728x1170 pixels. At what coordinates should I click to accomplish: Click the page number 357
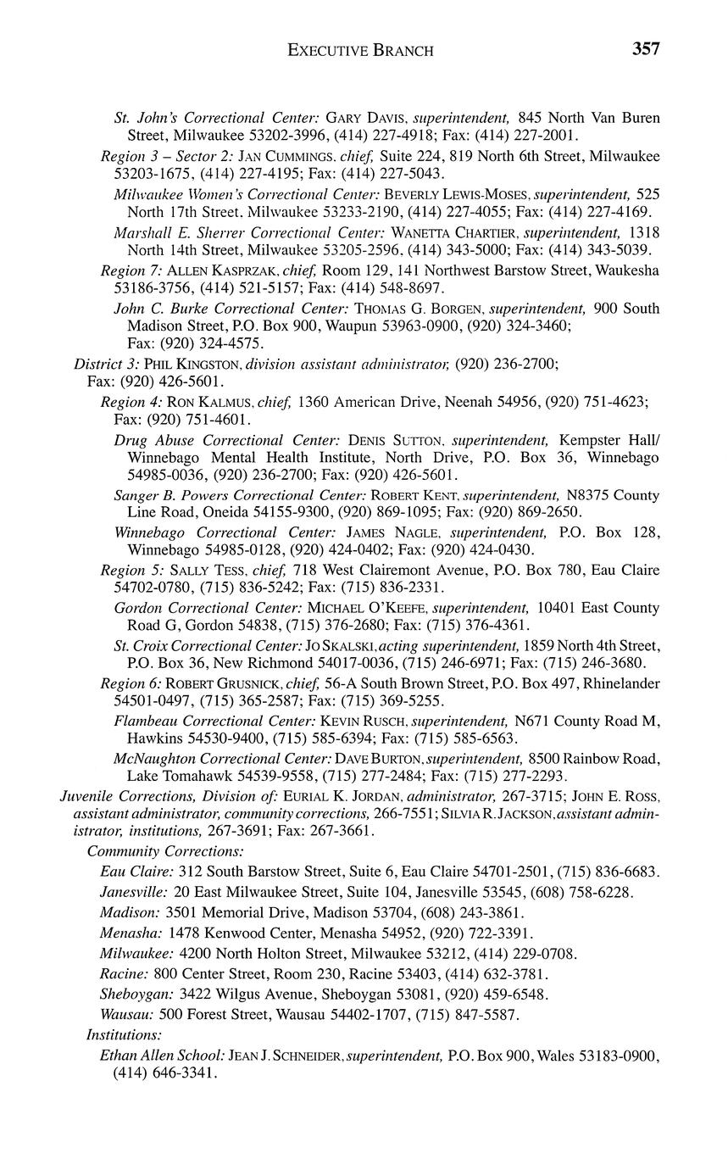[646, 49]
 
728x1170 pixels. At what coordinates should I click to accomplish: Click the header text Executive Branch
[361, 51]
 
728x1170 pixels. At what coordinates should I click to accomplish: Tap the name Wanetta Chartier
[453, 232]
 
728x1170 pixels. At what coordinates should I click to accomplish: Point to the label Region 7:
[131, 270]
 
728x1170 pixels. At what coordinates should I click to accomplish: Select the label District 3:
[107, 364]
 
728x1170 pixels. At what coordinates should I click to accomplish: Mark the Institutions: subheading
[125, 1034]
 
